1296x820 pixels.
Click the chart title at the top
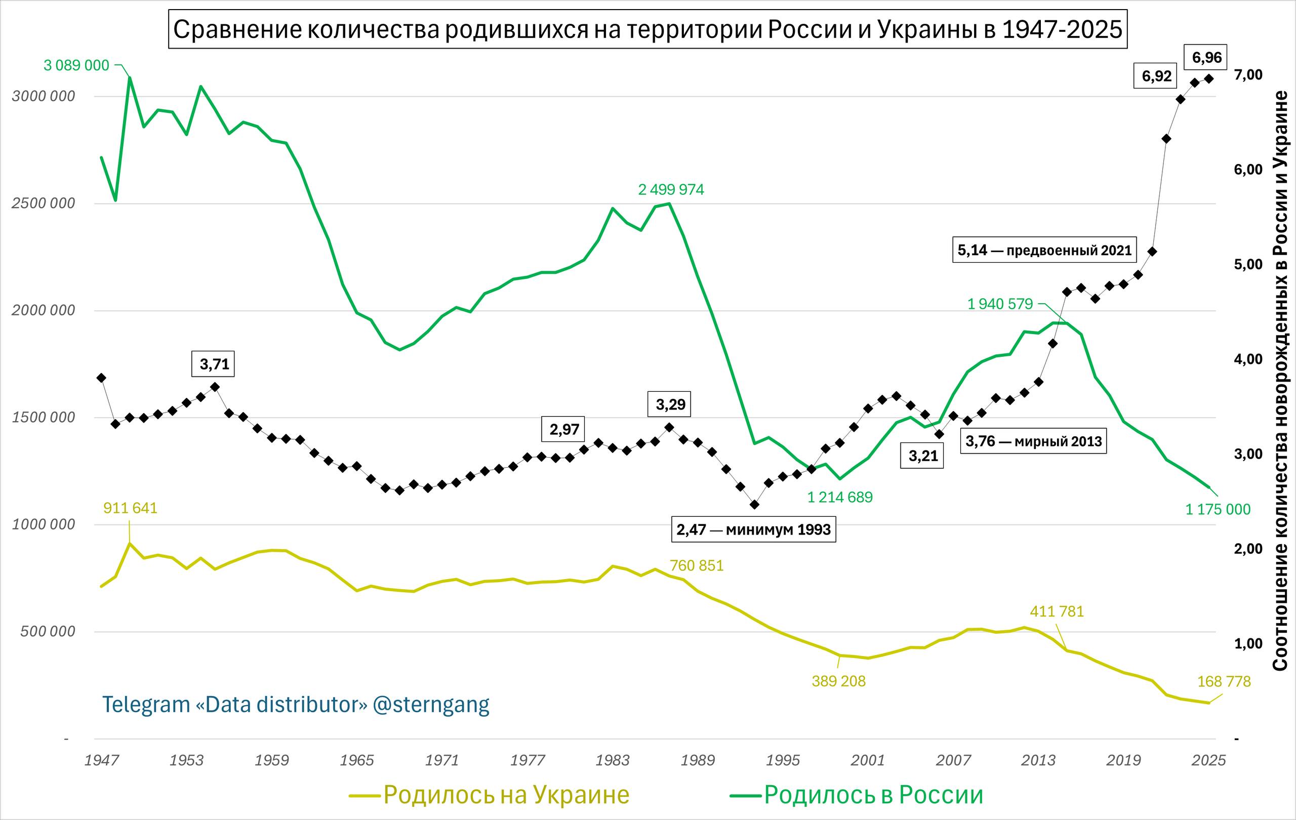[x=647, y=29]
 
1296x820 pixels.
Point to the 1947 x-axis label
[x=101, y=760]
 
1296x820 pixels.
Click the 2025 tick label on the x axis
[x=1208, y=760]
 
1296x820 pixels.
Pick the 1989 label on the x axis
[x=698, y=760]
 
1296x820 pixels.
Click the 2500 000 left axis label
[x=43, y=203]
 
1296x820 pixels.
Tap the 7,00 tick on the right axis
[x=1247, y=75]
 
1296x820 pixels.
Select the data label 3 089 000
[x=76, y=66]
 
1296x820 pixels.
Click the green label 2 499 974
[x=671, y=189]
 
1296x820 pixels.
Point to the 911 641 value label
[x=130, y=508]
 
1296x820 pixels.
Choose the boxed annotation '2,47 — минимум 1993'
[x=753, y=529]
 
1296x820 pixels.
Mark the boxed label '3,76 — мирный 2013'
[x=1033, y=441]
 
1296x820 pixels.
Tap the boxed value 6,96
[x=1207, y=58]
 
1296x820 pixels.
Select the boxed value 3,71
[x=214, y=364]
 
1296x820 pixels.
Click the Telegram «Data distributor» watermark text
[x=296, y=704]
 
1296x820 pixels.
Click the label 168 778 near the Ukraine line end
[x=1223, y=682]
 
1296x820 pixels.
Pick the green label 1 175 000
[x=1218, y=509]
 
